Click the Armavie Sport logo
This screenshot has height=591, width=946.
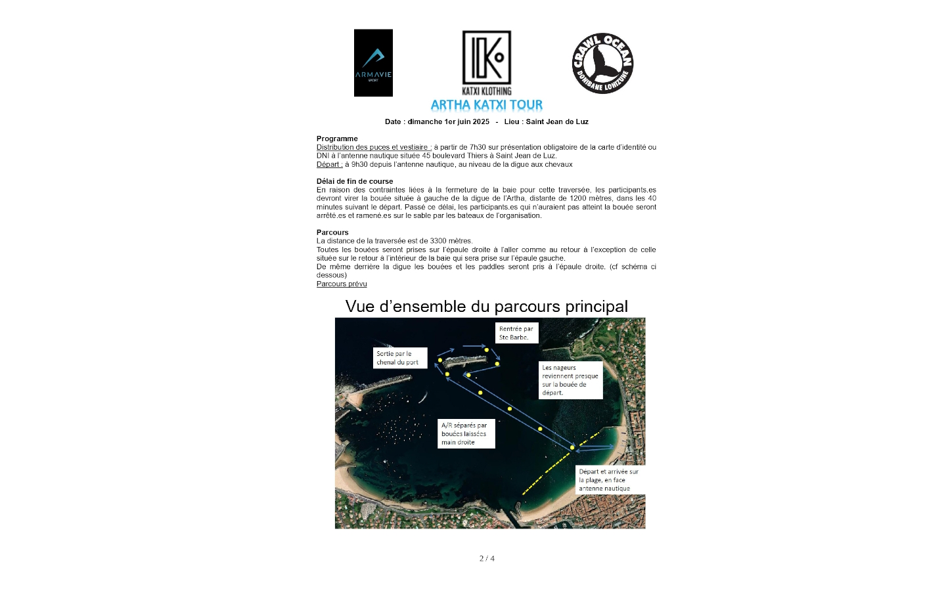click(373, 63)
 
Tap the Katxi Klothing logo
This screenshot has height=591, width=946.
click(486, 62)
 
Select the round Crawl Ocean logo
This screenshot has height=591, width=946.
click(602, 63)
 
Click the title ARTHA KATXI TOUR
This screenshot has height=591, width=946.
click(486, 105)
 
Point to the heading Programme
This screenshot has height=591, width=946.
click(337, 139)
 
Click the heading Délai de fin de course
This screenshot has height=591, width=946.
click(355, 181)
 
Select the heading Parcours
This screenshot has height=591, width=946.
click(332, 232)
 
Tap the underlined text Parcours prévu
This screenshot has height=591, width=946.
click(342, 284)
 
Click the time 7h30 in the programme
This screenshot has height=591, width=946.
click(478, 147)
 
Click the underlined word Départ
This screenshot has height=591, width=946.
click(329, 164)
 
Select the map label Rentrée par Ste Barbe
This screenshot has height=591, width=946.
click(516, 333)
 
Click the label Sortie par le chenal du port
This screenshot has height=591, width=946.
click(400, 358)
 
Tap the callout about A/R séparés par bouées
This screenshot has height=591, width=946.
click(466, 434)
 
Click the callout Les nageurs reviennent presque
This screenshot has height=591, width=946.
click(570, 380)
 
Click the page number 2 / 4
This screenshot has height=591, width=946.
click(487, 559)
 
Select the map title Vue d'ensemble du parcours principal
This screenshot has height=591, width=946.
click(486, 307)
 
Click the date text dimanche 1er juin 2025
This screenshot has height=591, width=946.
click(448, 121)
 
